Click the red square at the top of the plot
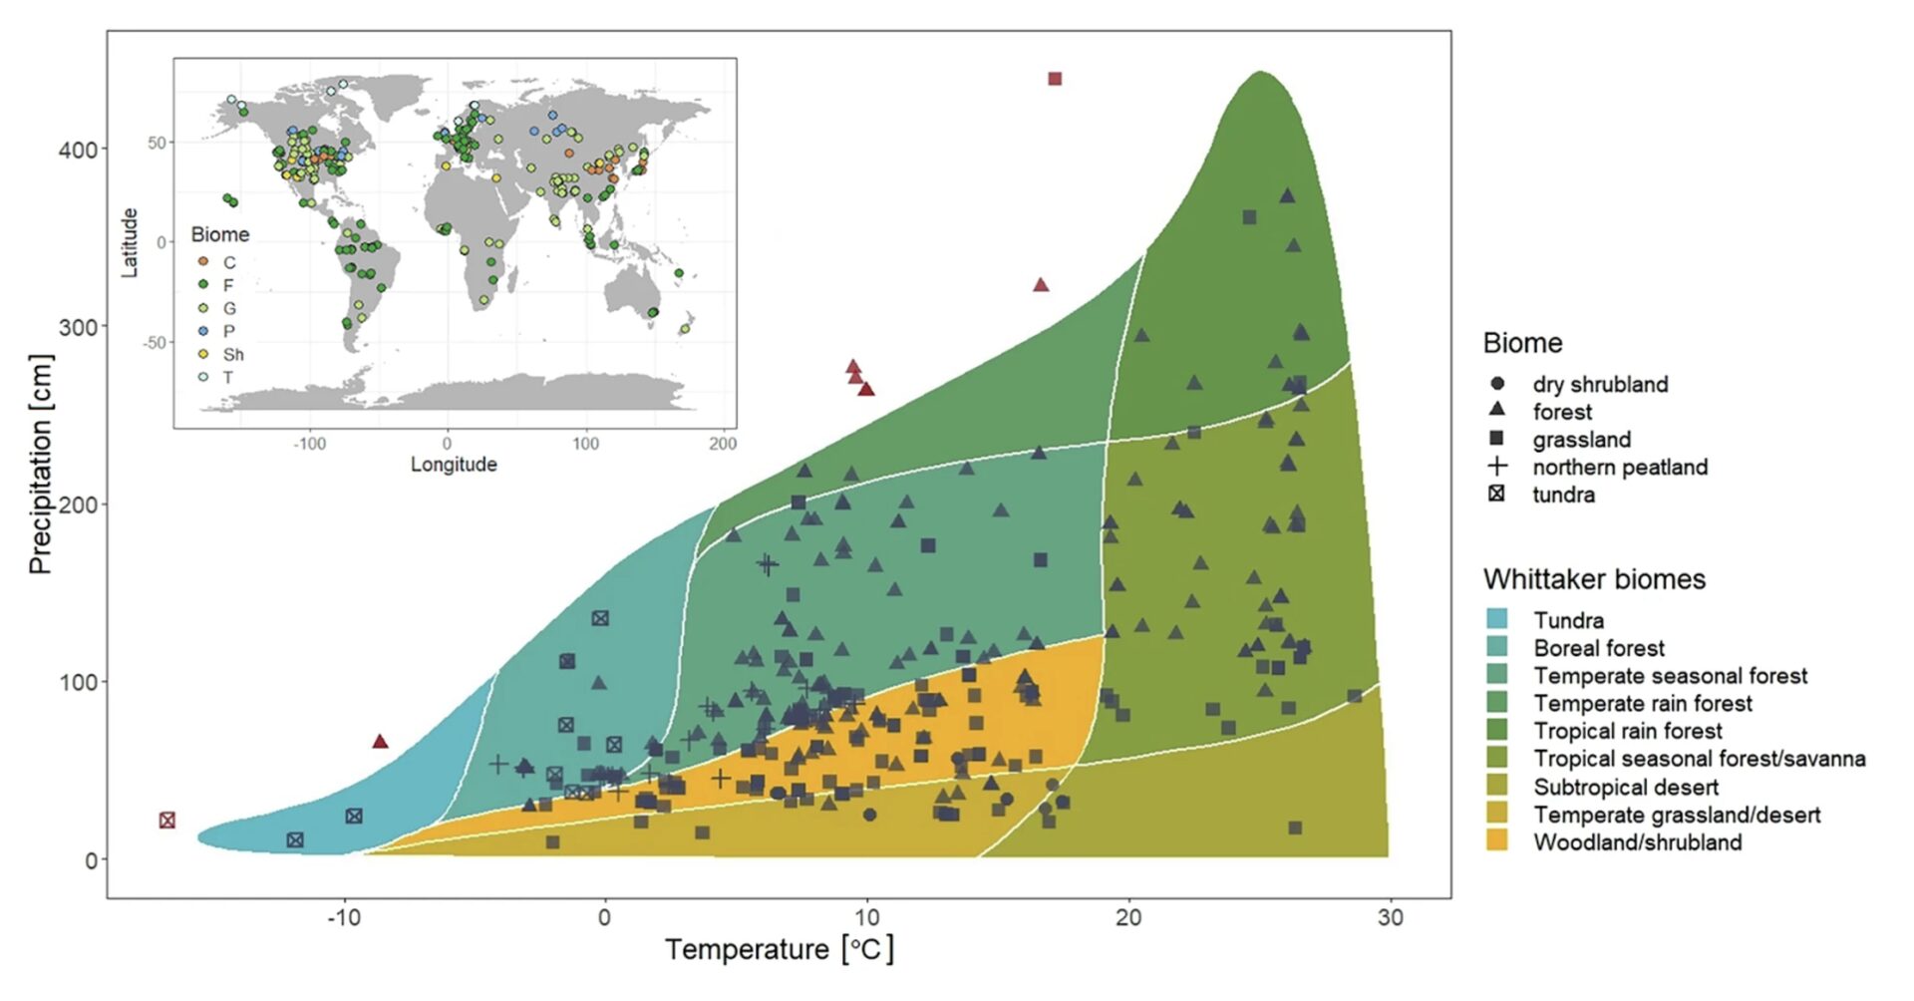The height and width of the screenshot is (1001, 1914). [x=1055, y=79]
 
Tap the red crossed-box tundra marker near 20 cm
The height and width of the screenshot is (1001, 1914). [x=167, y=821]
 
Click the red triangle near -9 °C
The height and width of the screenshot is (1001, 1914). [x=380, y=741]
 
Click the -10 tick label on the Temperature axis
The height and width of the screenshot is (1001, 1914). [x=344, y=917]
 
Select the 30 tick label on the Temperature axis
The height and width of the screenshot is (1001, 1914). [x=1390, y=917]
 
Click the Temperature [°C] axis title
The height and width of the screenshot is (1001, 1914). [x=780, y=949]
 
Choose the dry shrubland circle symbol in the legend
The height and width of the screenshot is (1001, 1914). [x=1496, y=384]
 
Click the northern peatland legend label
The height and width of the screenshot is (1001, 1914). [x=1620, y=467]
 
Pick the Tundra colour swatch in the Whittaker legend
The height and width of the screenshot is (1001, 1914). [x=1496, y=620]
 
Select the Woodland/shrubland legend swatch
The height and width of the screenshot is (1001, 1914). [x=1496, y=841]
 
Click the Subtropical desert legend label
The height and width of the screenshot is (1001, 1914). [x=1626, y=787]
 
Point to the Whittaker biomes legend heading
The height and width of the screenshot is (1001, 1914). [x=1594, y=579]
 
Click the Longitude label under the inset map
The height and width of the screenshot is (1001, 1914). [x=454, y=465]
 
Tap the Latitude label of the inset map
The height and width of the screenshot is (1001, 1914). [x=130, y=242]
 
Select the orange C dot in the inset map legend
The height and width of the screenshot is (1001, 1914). [x=203, y=262]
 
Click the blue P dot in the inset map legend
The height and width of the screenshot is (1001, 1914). [x=203, y=331]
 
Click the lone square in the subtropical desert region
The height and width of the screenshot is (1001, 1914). [x=1295, y=828]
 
